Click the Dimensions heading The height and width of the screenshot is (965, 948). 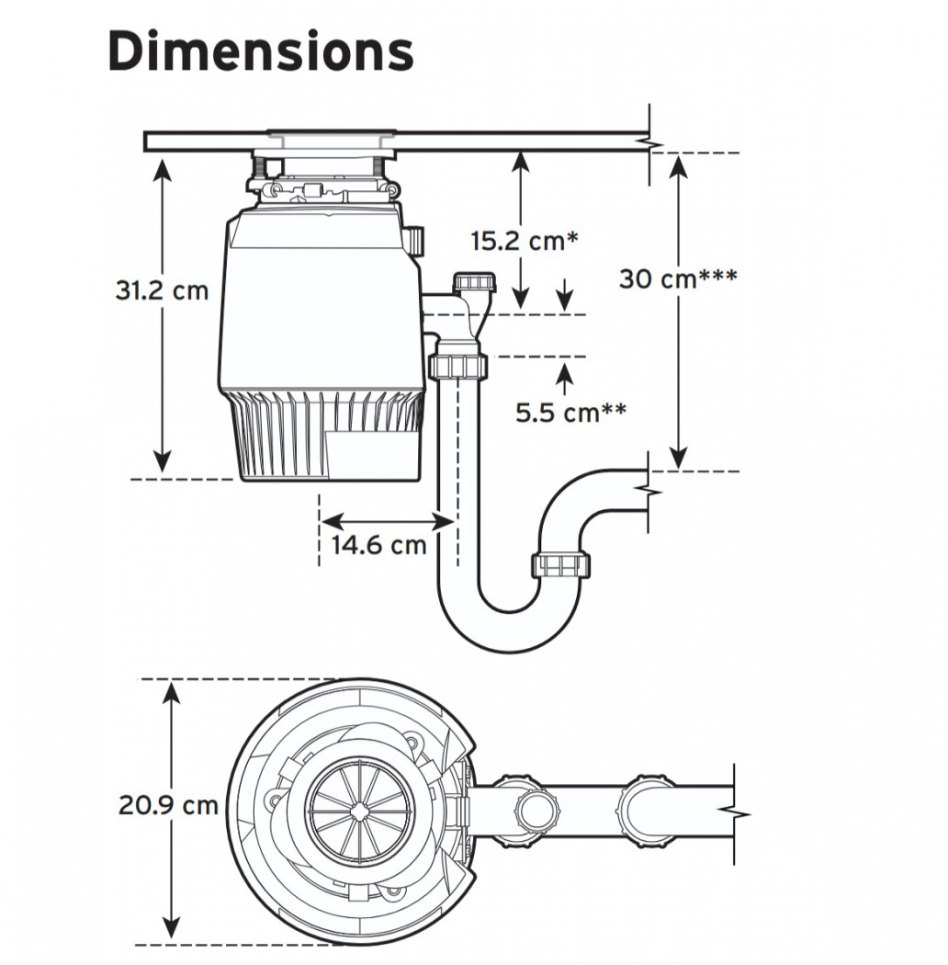point(260,51)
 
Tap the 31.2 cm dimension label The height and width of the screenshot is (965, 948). point(162,290)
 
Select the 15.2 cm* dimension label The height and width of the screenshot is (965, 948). point(524,242)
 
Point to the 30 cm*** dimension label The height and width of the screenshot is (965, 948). point(677,278)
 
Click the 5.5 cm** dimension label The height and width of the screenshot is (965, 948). point(570,413)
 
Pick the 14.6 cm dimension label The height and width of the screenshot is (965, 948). point(378,545)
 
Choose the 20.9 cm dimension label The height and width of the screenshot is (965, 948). point(168,805)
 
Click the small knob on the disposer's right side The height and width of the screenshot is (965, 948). point(417,240)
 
